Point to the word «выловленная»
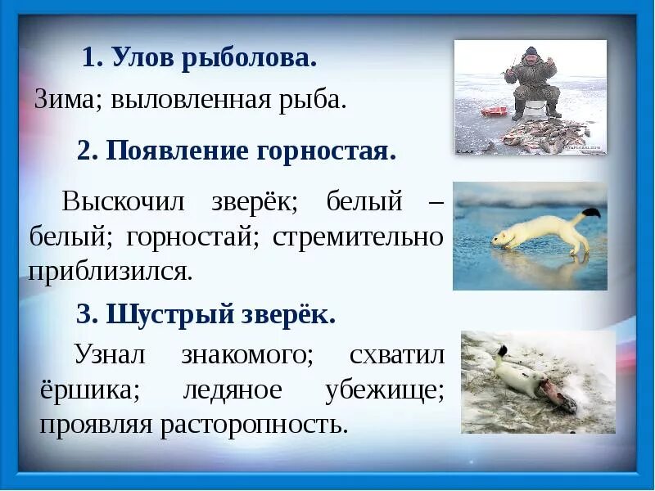click(x=192, y=100)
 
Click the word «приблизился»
click(x=111, y=272)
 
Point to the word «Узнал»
click(x=110, y=354)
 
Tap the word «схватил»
click(x=396, y=354)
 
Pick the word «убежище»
click(x=385, y=390)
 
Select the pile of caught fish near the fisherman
click(x=547, y=133)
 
